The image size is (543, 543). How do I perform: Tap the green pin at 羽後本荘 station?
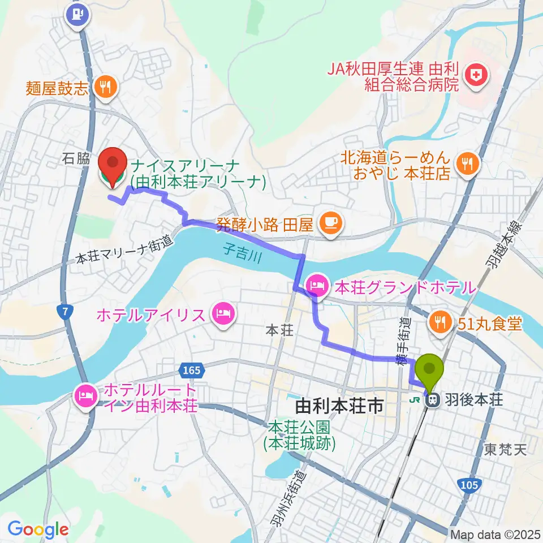[x=430, y=371]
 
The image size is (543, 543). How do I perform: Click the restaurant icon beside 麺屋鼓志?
[x=105, y=87]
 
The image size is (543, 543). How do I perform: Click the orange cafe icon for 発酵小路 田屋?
[x=329, y=225]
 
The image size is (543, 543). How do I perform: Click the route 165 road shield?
[x=191, y=370]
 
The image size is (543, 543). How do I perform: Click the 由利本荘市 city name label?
[x=339, y=406]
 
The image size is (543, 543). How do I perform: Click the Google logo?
[x=38, y=529]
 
